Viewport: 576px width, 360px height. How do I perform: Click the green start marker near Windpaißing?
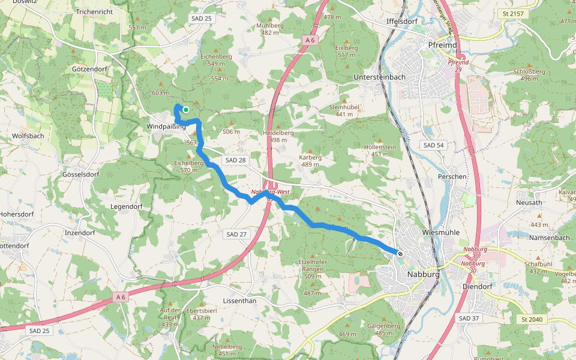(186, 109)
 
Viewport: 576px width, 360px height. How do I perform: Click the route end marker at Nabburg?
(400, 254)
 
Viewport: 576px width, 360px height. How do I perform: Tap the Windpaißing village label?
(166, 127)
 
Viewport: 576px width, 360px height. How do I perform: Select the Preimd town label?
(443, 45)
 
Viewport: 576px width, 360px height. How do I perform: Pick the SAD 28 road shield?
(234, 160)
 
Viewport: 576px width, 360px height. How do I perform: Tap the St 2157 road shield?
(514, 13)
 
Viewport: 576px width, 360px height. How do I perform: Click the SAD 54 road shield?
(433, 145)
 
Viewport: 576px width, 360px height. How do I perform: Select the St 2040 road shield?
(532, 319)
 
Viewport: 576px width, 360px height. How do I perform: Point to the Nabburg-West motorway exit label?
(271, 193)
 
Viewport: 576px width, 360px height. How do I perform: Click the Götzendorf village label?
(89, 69)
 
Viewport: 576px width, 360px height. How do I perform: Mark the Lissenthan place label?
(239, 300)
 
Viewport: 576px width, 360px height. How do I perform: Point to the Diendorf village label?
(478, 286)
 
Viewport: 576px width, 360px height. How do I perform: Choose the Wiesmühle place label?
(441, 232)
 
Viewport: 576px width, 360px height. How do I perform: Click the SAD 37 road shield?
(468, 317)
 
